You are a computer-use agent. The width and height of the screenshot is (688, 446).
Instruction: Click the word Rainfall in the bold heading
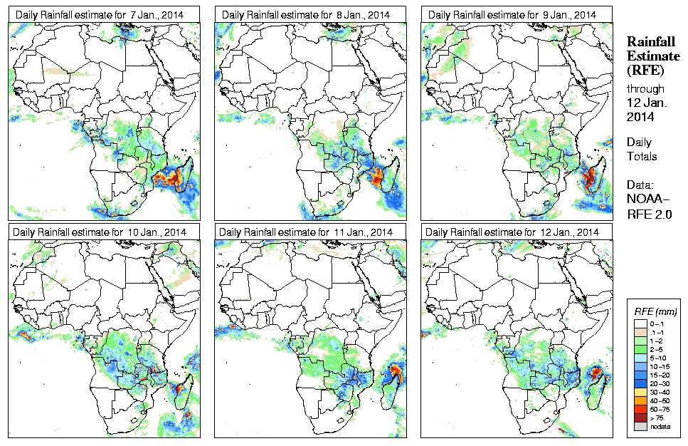(x=649, y=41)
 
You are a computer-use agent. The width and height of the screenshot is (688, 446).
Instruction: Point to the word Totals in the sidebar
(x=642, y=156)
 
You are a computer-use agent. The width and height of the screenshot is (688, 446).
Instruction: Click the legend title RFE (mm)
(x=655, y=311)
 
